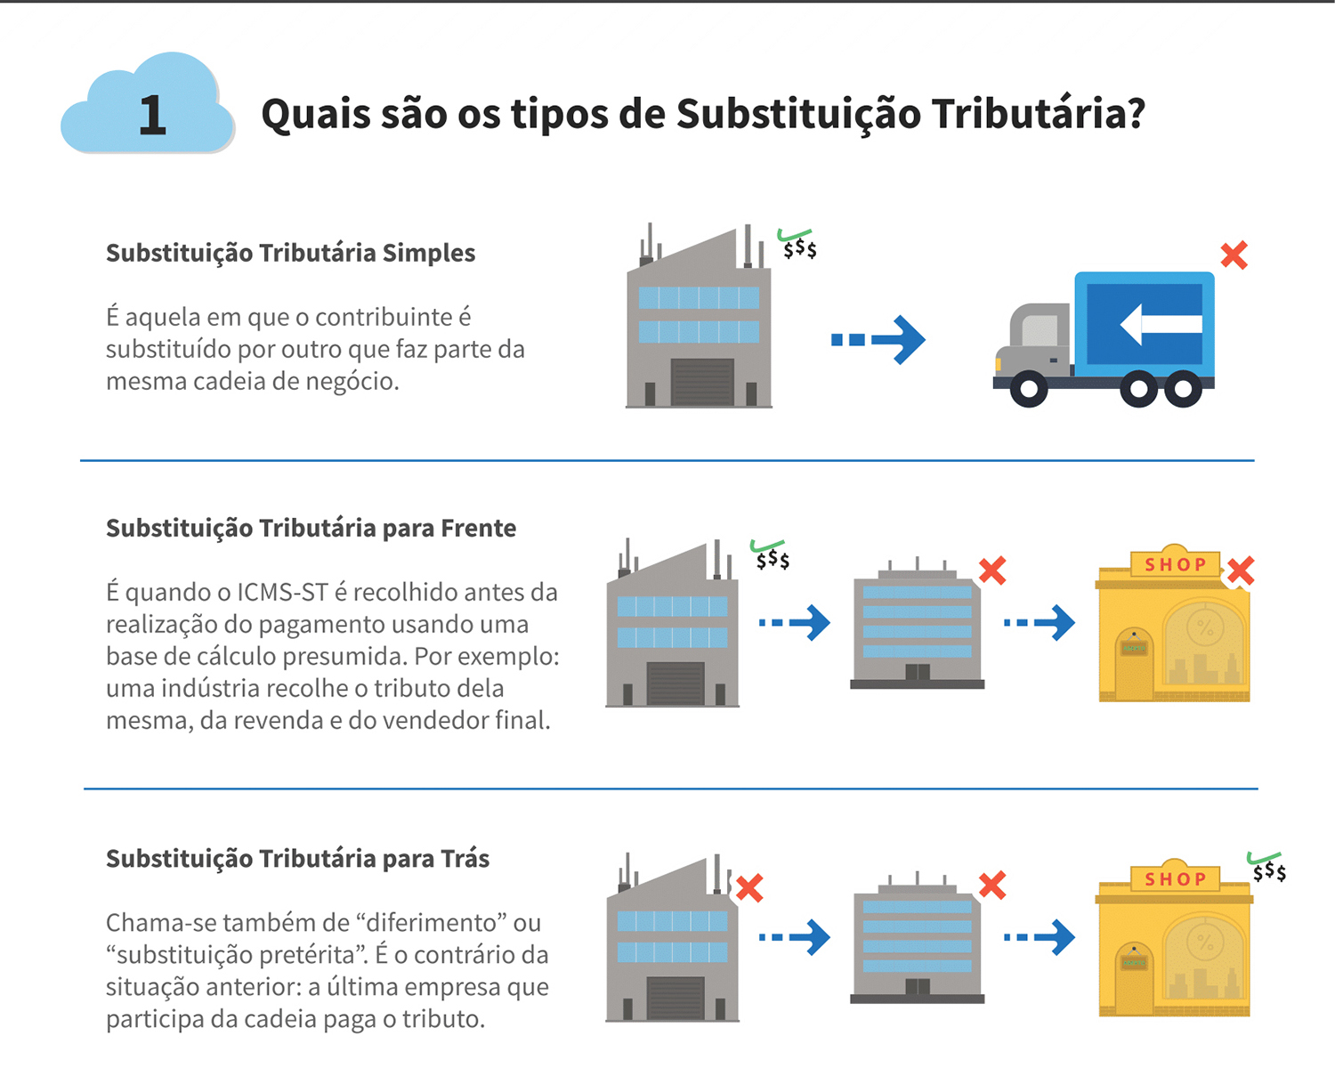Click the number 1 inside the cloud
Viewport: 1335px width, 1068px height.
(152, 115)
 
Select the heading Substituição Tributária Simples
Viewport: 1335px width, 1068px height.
(290, 253)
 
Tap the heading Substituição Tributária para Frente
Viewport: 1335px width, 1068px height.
(311, 529)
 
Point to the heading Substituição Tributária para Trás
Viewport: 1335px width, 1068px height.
(297, 859)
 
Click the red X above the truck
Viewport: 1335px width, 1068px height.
(1234, 255)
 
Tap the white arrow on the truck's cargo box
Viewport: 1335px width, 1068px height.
(1161, 323)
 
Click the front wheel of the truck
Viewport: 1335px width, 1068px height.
(1029, 389)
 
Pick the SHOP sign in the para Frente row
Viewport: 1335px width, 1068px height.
(1175, 564)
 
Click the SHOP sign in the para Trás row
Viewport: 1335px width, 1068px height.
(1175, 879)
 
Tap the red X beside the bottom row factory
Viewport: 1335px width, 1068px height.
(749, 887)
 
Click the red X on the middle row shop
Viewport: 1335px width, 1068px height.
(1240, 570)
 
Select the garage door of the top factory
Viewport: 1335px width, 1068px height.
(702, 381)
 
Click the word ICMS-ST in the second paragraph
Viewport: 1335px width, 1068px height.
(283, 593)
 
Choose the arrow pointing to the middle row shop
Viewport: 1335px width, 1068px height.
(1040, 623)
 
